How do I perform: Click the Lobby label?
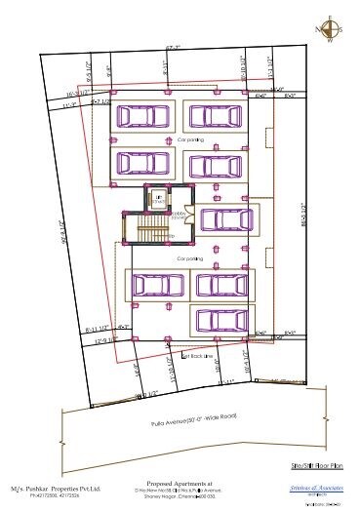[179, 212]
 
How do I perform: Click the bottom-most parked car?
[220, 320]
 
